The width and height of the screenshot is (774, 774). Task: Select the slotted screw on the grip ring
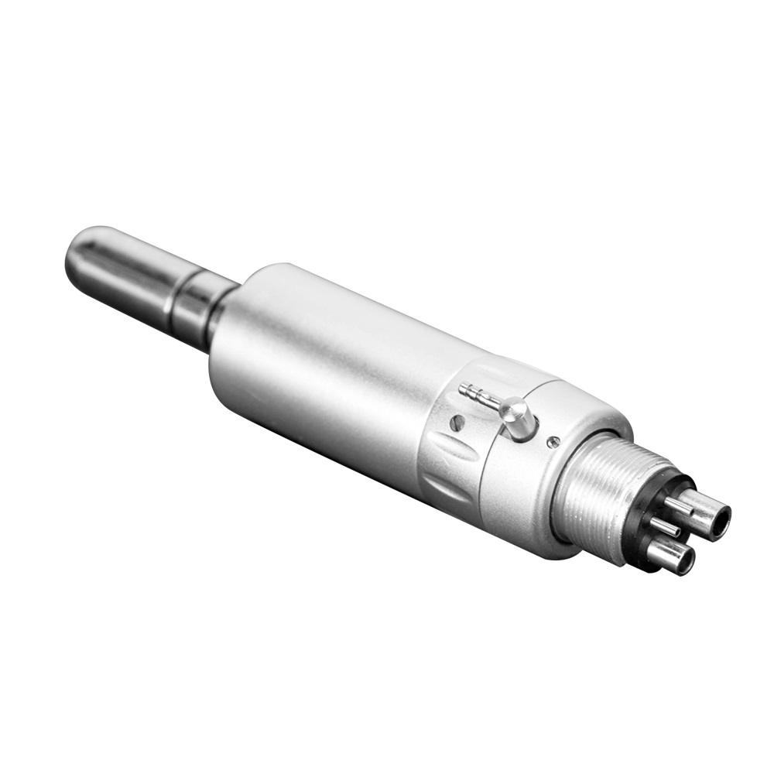(x=458, y=423)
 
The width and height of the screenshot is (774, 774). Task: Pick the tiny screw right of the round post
(x=553, y=442)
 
